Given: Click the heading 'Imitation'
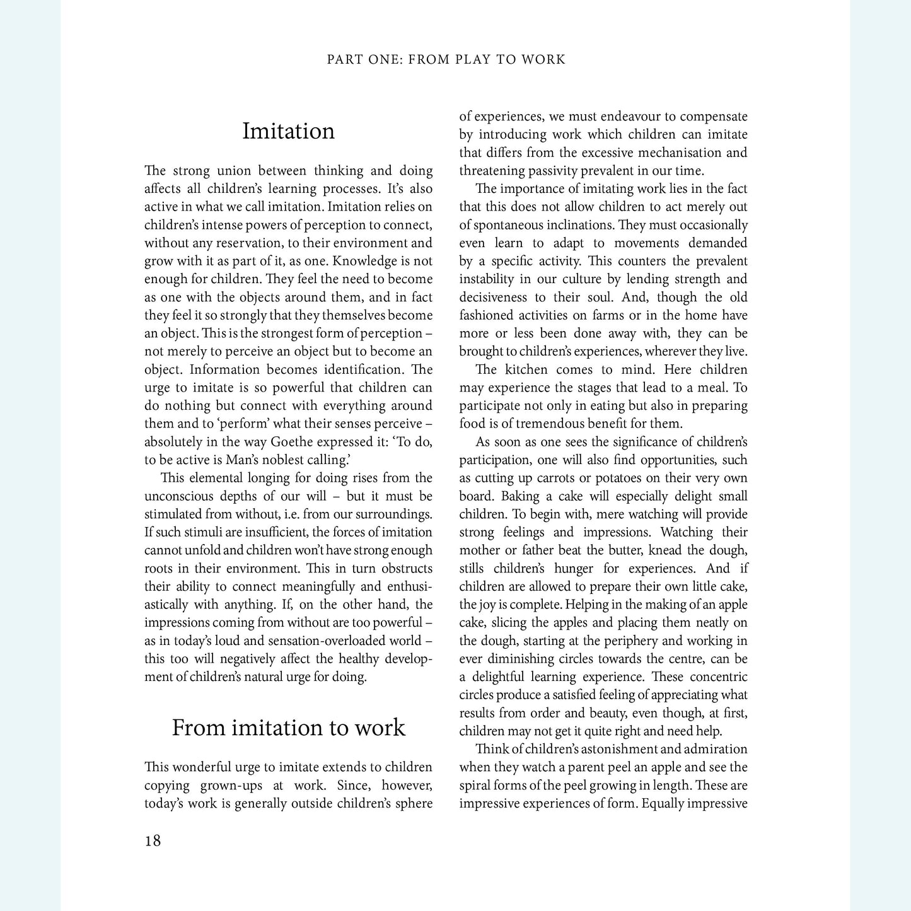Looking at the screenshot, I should coord(288,131).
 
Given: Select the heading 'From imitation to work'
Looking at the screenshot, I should coord(288,728).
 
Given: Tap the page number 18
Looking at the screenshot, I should coord(153,840).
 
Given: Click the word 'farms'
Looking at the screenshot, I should coord(607,315).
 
